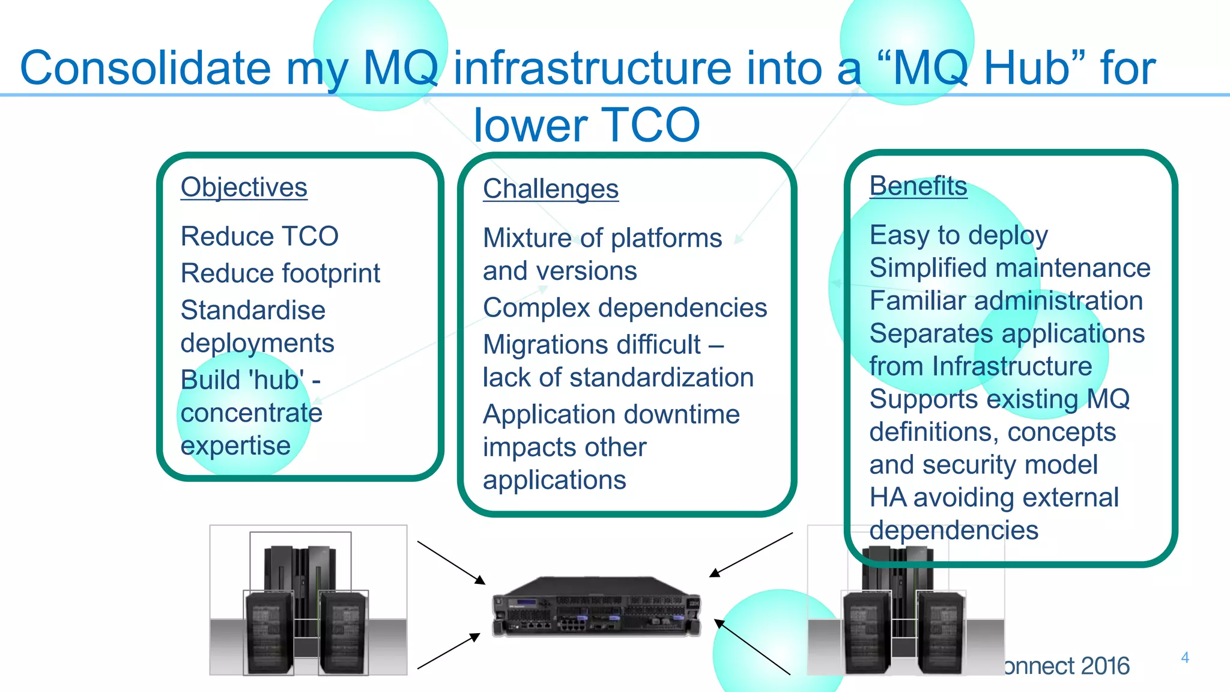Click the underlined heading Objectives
pos(244,187)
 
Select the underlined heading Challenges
pos(550,189)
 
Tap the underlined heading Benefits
pos(918,186)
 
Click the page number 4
pos(1184,657)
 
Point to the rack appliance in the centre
pos(596,607)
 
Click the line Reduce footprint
pos(280,273)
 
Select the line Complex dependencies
pos(625,308)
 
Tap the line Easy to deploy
pos(959,235)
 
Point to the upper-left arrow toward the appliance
pos(450,562)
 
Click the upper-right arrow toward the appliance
pos(751,554)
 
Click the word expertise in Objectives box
pos(235,446)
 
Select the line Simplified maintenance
pos(1010,268)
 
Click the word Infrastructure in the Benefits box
pos(1012,366)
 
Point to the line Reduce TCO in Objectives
pos(259,236)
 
